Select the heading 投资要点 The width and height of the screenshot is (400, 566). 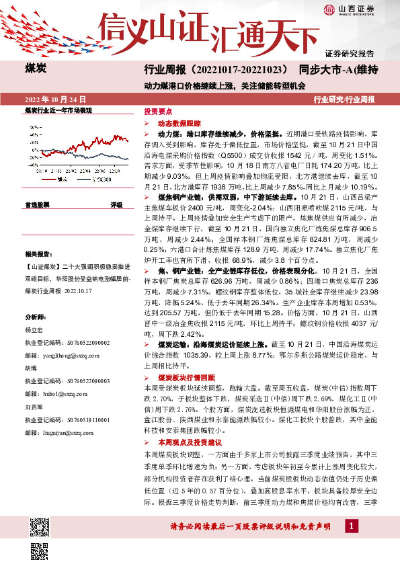[x=158, y=112]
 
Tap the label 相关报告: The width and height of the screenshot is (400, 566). [x=37, y=253]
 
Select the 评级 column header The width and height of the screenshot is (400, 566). [x=116, y=204]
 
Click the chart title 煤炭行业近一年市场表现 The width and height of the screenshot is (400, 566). [x=58, y=110]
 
